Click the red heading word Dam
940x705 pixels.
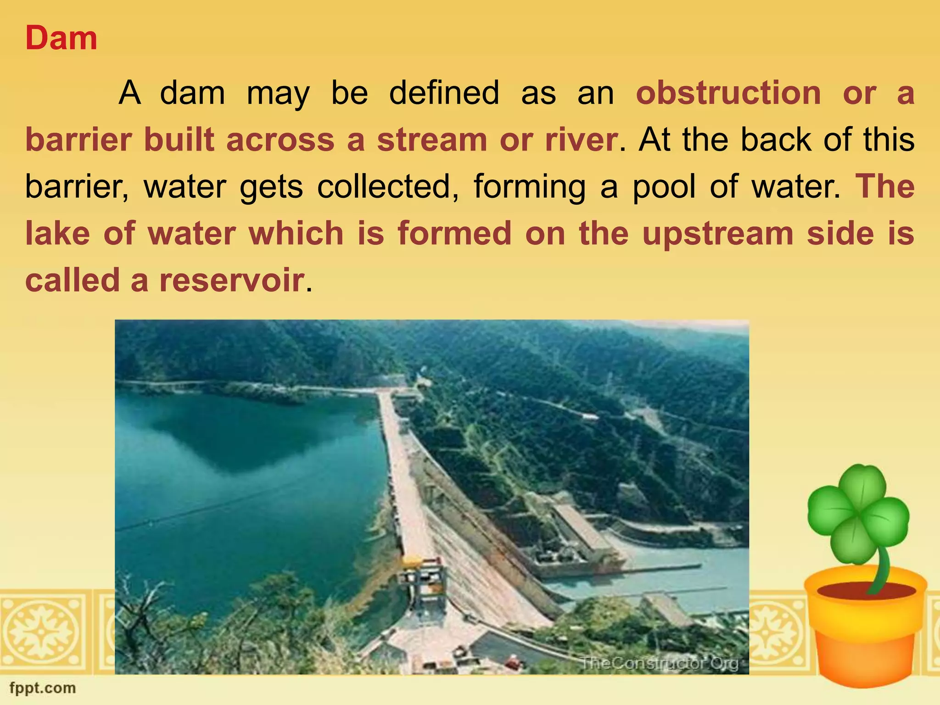click(x=61, y=39)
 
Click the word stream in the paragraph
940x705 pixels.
click(x=431, y=140)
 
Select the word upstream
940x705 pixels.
click(x=717, y=234)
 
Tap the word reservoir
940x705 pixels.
click(x=231, y=280)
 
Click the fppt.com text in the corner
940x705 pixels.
click(x=42, y=688)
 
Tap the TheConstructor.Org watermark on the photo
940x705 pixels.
click(x=659, y=663)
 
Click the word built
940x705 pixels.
click(x=179, y=140)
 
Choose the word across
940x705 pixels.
click(x=280, y=140)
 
